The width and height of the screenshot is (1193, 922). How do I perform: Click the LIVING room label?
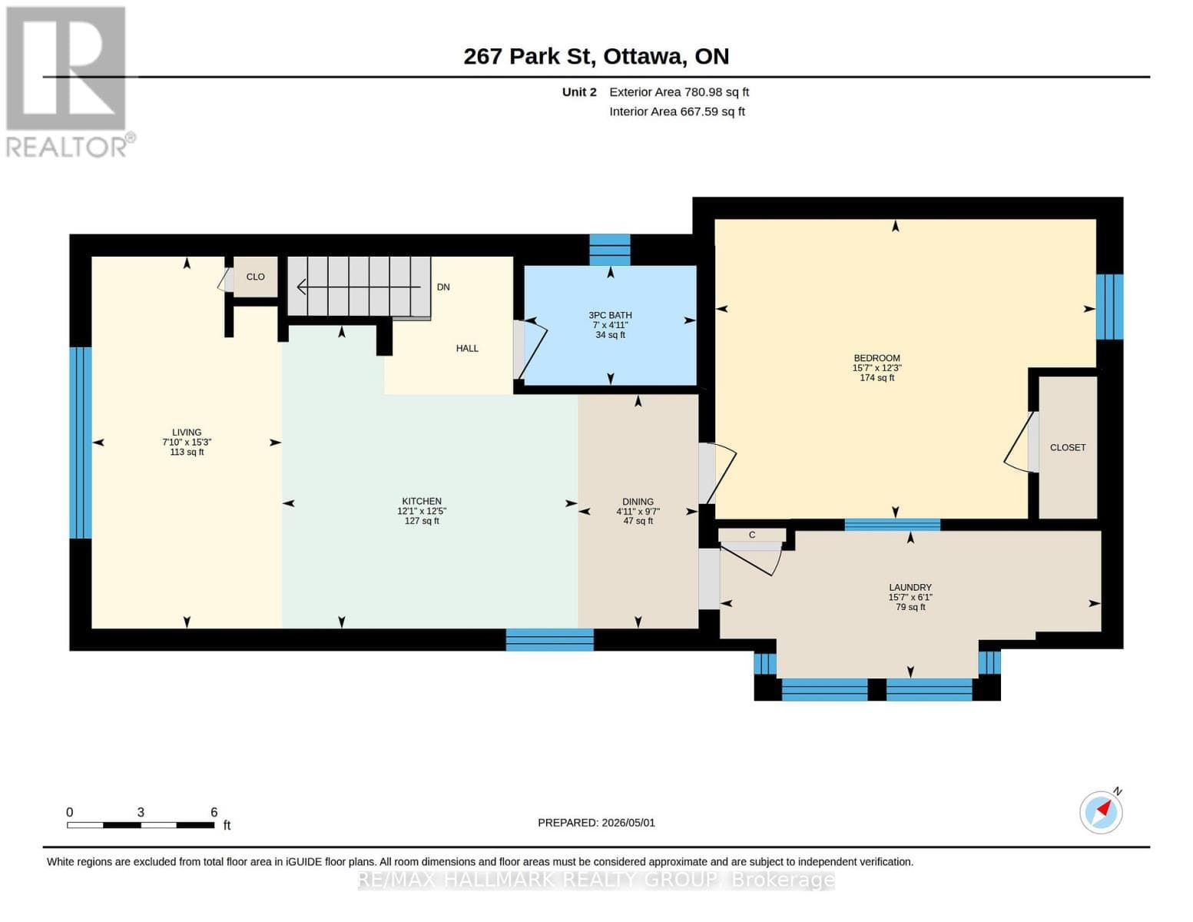click(187, 432)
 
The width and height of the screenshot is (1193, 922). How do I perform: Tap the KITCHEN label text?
click(422, 501)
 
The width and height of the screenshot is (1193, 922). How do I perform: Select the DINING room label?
click(638, 502)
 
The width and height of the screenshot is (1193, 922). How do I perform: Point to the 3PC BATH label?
click(610, 315)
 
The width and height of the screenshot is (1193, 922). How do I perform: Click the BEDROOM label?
click(877, 358)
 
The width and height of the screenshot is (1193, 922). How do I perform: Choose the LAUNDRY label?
click(910, 587)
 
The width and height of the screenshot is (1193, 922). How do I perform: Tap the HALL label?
click(467, 348)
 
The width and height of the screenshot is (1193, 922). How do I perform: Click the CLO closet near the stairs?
click(255, 277)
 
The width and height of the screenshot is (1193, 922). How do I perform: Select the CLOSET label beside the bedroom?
click(1068, 447)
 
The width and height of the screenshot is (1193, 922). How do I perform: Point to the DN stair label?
click(443, 287)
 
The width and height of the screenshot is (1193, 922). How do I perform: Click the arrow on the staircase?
click(359, 287)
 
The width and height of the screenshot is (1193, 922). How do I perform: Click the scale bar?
click(141, 824)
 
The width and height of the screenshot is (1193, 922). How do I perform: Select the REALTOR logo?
click(69, 82)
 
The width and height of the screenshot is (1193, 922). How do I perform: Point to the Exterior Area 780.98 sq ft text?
click(679, 92)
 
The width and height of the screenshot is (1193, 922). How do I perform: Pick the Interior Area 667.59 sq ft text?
click(677, 111)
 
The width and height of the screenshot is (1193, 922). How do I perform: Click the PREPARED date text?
click(596, 823)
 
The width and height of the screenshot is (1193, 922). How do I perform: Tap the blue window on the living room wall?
click(80, 443)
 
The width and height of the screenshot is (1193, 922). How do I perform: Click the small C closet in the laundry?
click(752, 535)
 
